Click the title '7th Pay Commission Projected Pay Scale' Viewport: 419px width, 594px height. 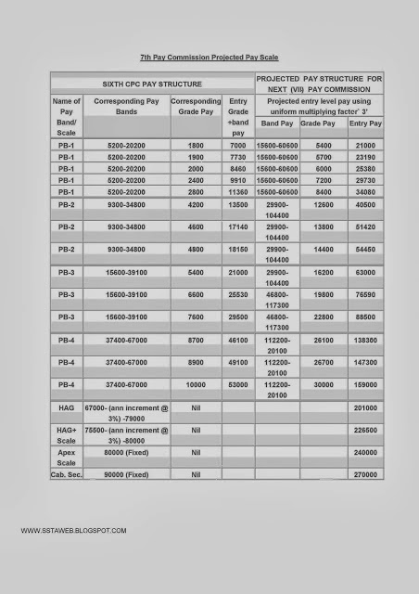point(209,57)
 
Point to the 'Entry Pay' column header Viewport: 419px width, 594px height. point(365,123)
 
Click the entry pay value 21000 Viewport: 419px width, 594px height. point(365,147)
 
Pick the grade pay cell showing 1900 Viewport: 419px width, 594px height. point(196,158)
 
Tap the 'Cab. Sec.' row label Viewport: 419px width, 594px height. point(65,474)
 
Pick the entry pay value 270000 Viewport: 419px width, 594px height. point(365,474)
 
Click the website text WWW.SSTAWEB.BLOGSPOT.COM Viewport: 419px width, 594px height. point(72,530)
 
